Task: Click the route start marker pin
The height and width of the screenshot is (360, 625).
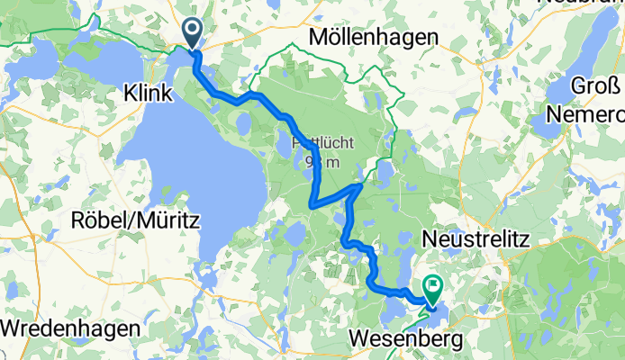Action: (x=194, y=34)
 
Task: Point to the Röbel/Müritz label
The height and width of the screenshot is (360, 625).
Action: (x=136, y=219)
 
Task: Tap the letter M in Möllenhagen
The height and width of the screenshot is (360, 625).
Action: (x=316, y=38)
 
